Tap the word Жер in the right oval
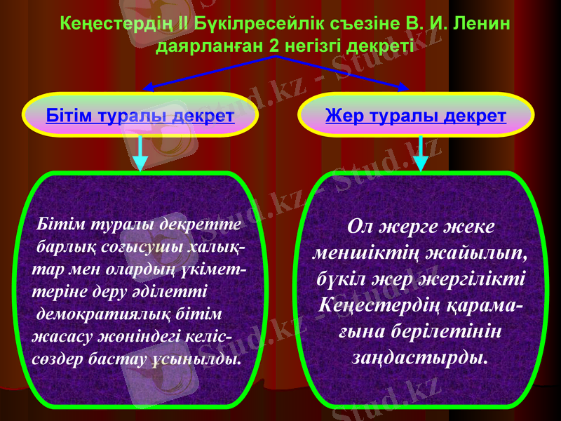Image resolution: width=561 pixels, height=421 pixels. click(344, 115)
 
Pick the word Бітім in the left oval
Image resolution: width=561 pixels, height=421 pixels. click(68, 115)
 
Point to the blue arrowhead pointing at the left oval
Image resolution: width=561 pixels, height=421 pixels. click(148, 88)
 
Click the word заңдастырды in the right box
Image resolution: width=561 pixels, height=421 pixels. click(419, 356)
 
